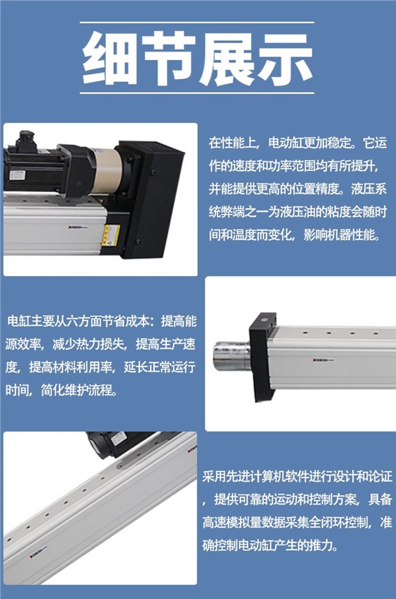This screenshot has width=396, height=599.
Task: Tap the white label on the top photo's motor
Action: [17, 174]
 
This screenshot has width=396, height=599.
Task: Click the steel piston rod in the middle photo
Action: [231, 356]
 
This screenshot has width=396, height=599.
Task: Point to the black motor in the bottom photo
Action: [117, 443]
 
